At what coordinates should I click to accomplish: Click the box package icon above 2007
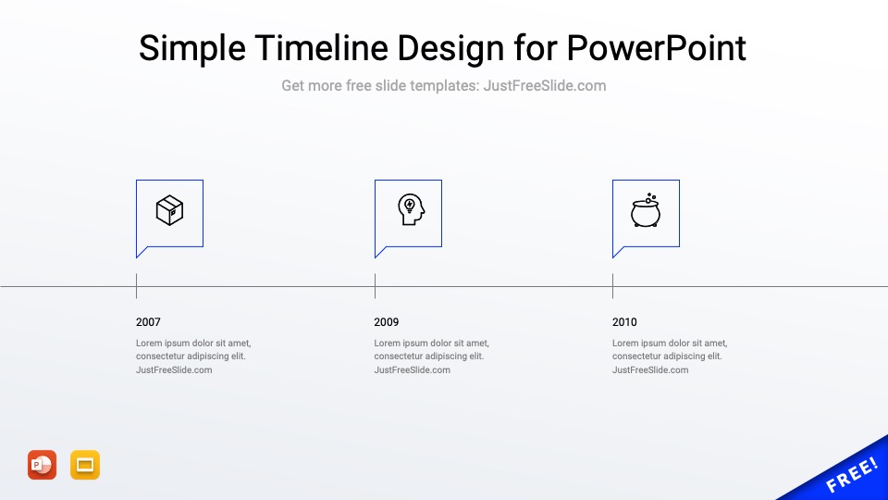pyautogui.click(x=169, y=211)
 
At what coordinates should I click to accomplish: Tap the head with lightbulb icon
pyautogui.click(x=410, y=210)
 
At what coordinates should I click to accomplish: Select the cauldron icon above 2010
pyautogui.click(x=646, y=211)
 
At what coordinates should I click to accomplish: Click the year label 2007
pyautogui.click(x=148, y=322)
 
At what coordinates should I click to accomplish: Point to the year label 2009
pyautogui.click(x=387, y=322)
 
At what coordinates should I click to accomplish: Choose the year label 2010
pyautogui.click(x=624, y=322)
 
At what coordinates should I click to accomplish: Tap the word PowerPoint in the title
pyautogui.click(x=656, y=47)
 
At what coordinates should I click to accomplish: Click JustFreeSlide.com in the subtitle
pyautogui.click(x=545, y=86)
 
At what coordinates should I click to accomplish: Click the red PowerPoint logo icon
pyautogui.click(x=42, y=465)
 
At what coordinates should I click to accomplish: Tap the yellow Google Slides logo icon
pyautogui.click(x=85, y=465)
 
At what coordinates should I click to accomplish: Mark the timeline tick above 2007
pyautogui.click(x=136, y=286)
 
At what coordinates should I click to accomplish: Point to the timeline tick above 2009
pyautogui.click(x=375, y=286)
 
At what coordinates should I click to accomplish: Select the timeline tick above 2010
pyautogui.click(x=612, y=286)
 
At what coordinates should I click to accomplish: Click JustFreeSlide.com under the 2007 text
pyautogui.click(x=174, y=370)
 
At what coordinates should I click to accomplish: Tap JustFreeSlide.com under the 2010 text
pyautogui.click(x=650, y=370)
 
